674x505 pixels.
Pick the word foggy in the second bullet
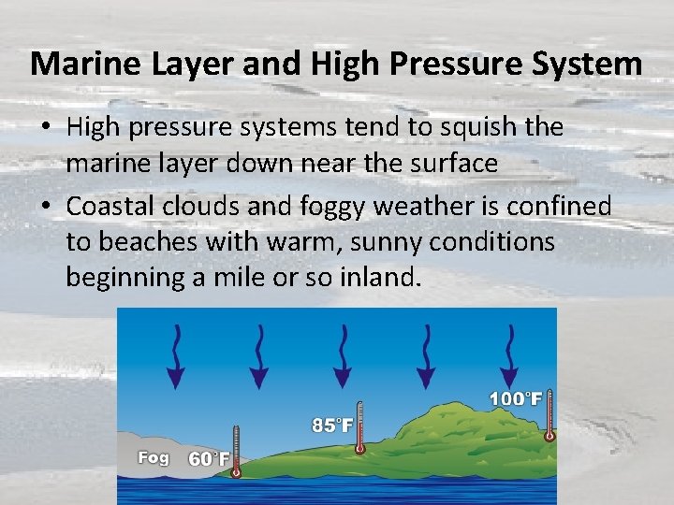click(327, 205)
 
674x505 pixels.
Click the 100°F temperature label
click(516, 399)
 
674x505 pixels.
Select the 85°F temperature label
click(332, 426)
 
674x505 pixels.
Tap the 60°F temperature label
click(208, 459)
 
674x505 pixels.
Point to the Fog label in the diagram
click(154, 458)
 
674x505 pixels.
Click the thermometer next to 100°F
click(549, 413)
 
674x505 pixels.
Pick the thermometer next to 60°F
click(236, 451)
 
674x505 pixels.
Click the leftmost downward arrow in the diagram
click(174, 357)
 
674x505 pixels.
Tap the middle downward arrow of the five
click(343, 357)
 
